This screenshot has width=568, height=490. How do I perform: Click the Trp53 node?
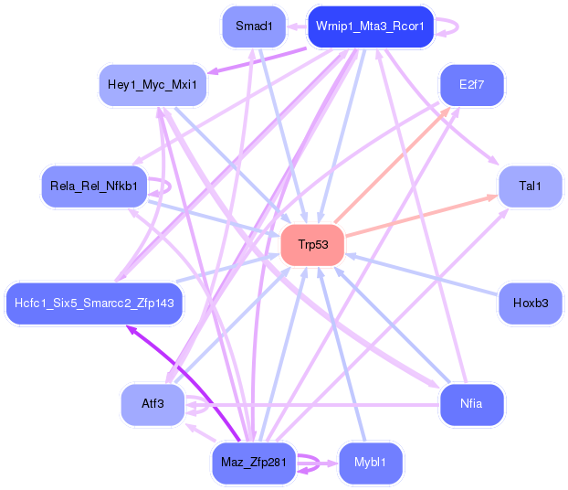click(x=312, y=245)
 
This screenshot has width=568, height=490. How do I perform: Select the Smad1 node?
click(x=254, y=27)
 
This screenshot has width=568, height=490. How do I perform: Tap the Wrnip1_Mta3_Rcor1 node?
click(x=370, y=27)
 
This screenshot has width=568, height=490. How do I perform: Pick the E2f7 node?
click(x=471, y=85)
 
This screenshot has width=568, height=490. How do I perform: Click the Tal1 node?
click(x=531, y=186)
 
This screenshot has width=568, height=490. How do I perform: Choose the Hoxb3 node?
click(x=531, y=304)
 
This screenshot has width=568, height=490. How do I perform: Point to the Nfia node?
click(x=471, y=404)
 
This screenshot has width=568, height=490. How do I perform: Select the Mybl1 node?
click(x=370, y=463)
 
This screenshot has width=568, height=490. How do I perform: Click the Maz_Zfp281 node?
click(x=254, y=463)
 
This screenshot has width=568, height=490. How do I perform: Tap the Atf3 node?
click(x=153, y=404)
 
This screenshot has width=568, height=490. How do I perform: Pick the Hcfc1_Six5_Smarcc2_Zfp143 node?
click(x=94, y=304)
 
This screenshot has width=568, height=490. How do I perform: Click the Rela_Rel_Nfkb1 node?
click(x=94, y=186)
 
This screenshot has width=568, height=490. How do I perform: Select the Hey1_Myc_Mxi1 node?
click(x=153, y=85)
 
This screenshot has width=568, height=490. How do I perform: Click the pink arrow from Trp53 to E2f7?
click(x=393, y=165)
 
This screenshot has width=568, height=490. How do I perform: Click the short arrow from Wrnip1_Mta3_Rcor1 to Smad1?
click(x=297, y=27)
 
